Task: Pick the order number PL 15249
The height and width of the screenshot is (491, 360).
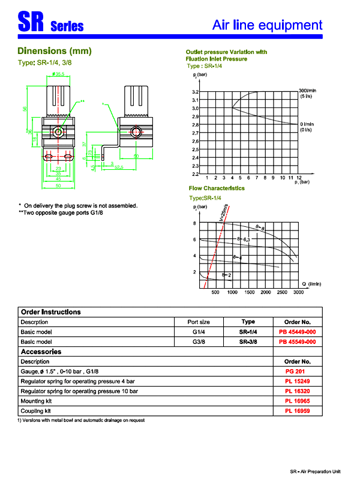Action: [x=296, y=381]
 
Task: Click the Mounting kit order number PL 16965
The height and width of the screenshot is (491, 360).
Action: [x=296, y=401]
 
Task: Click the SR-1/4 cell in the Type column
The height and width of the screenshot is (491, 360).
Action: [x=248, y=331]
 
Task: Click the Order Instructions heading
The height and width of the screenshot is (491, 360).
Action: [x=50, y=312]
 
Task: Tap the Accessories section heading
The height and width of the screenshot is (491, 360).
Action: [x=41, y=352]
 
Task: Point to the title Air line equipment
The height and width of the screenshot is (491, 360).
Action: [x=268, y=25]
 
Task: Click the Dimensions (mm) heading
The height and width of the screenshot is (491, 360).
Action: [x=54, y=52]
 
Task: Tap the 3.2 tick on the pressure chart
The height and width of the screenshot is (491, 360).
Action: [x=195, y=92]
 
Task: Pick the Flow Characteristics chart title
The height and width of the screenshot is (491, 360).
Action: [x=217, y=188]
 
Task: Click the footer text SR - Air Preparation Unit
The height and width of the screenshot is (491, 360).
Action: [x=314, y=472]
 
